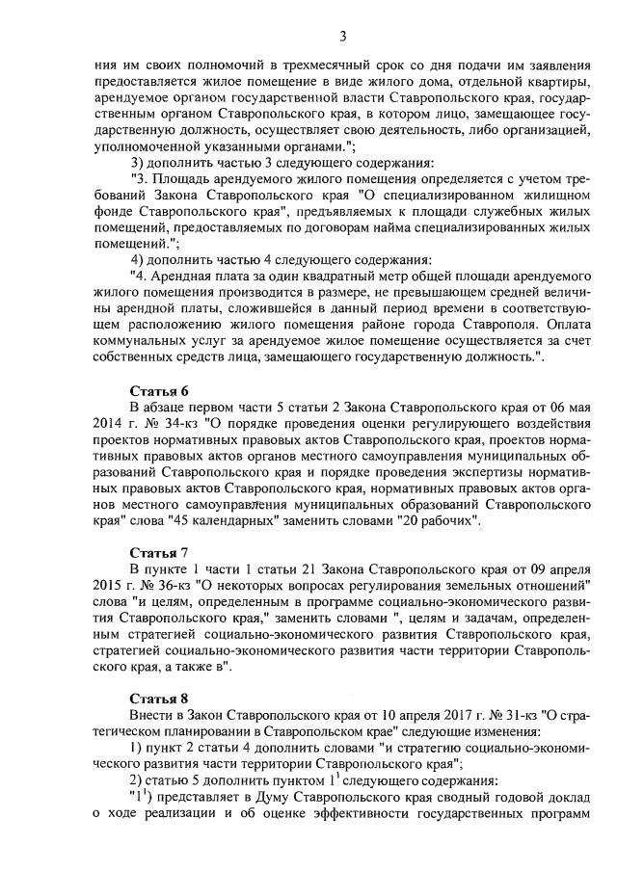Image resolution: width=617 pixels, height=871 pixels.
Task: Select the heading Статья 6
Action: tap(159, 390)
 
